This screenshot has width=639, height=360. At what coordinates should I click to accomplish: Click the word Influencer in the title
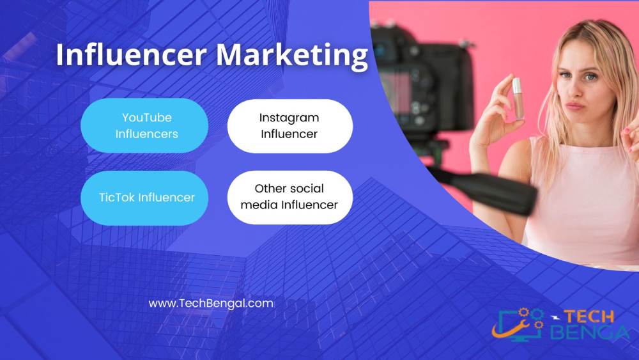(131, 54)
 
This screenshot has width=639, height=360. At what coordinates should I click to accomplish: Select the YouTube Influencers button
(144, 125)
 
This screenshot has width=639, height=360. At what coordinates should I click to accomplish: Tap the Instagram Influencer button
(289, 126)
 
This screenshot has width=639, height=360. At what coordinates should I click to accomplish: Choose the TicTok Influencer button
(144, 198)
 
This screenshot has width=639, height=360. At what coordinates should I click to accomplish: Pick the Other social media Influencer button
(289, 198)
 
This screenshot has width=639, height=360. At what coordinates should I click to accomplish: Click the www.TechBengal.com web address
(211, 304)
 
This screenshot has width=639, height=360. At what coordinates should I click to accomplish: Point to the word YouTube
(147, 118)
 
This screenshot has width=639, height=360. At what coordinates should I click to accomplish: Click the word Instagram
(289, 118)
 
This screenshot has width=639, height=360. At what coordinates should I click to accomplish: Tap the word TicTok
(116, 198)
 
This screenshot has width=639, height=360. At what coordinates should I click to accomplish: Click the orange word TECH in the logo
(589, 317)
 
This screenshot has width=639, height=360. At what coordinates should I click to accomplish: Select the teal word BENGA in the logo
(590, 332)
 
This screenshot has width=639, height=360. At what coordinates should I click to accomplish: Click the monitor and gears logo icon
(518, 324)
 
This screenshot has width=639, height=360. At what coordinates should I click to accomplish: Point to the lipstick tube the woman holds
(518, 98)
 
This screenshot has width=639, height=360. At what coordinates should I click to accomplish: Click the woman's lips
(574, 106)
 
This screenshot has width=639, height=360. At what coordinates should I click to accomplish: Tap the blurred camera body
(424, 82)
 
